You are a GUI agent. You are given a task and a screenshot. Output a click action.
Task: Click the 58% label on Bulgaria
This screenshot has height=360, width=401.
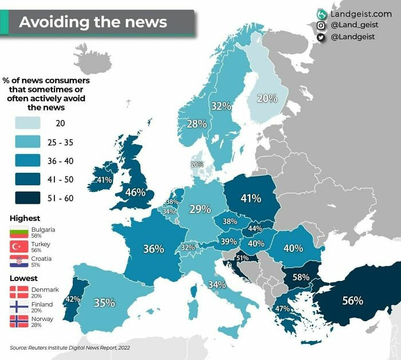(x=301, y=277)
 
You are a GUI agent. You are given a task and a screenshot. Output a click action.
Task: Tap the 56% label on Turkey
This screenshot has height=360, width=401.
(x=352, y=300)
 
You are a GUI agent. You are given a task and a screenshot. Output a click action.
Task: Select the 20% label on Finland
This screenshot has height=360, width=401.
(x=267, y=98)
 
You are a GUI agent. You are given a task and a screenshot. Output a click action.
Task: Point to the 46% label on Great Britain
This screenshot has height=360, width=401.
(x=135, y=192)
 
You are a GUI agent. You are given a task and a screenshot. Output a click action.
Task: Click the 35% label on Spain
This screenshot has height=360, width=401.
(x=105, y=303)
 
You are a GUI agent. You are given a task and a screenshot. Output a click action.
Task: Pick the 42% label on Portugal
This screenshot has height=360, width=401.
(x=73, y=298)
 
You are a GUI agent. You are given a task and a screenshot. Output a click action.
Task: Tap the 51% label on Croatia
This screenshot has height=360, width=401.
(x=242, y=258)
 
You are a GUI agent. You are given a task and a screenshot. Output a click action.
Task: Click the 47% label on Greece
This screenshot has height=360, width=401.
(x=282, y=308)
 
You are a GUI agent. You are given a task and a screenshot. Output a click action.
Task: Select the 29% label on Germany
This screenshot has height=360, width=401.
(x=200, y=209)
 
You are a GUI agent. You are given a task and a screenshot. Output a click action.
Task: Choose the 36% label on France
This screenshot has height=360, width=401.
(x=153, y=249)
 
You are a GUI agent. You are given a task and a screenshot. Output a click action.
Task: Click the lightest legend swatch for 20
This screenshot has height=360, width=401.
(x=25, y=123)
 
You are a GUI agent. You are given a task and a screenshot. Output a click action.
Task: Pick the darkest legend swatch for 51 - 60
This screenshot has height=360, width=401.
(x=25, y=198)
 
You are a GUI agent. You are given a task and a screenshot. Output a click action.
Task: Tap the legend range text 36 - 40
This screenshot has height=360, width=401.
(x=61, y=161)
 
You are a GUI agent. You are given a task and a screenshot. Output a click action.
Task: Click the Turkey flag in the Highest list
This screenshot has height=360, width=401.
(x=18, y=247)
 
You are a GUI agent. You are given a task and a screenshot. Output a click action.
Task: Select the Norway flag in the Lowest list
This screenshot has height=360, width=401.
(x=18, y=321)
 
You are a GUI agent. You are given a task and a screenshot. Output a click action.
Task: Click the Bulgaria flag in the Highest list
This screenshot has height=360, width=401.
(x=18, y=232)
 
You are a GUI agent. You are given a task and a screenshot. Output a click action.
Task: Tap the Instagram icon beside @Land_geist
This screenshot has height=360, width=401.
(x=322, y=25)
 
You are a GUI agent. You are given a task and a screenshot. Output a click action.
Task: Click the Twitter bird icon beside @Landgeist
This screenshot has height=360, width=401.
(x=322, y=37)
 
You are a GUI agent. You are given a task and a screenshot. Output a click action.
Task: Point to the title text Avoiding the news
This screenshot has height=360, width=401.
(x=93, y=22)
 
